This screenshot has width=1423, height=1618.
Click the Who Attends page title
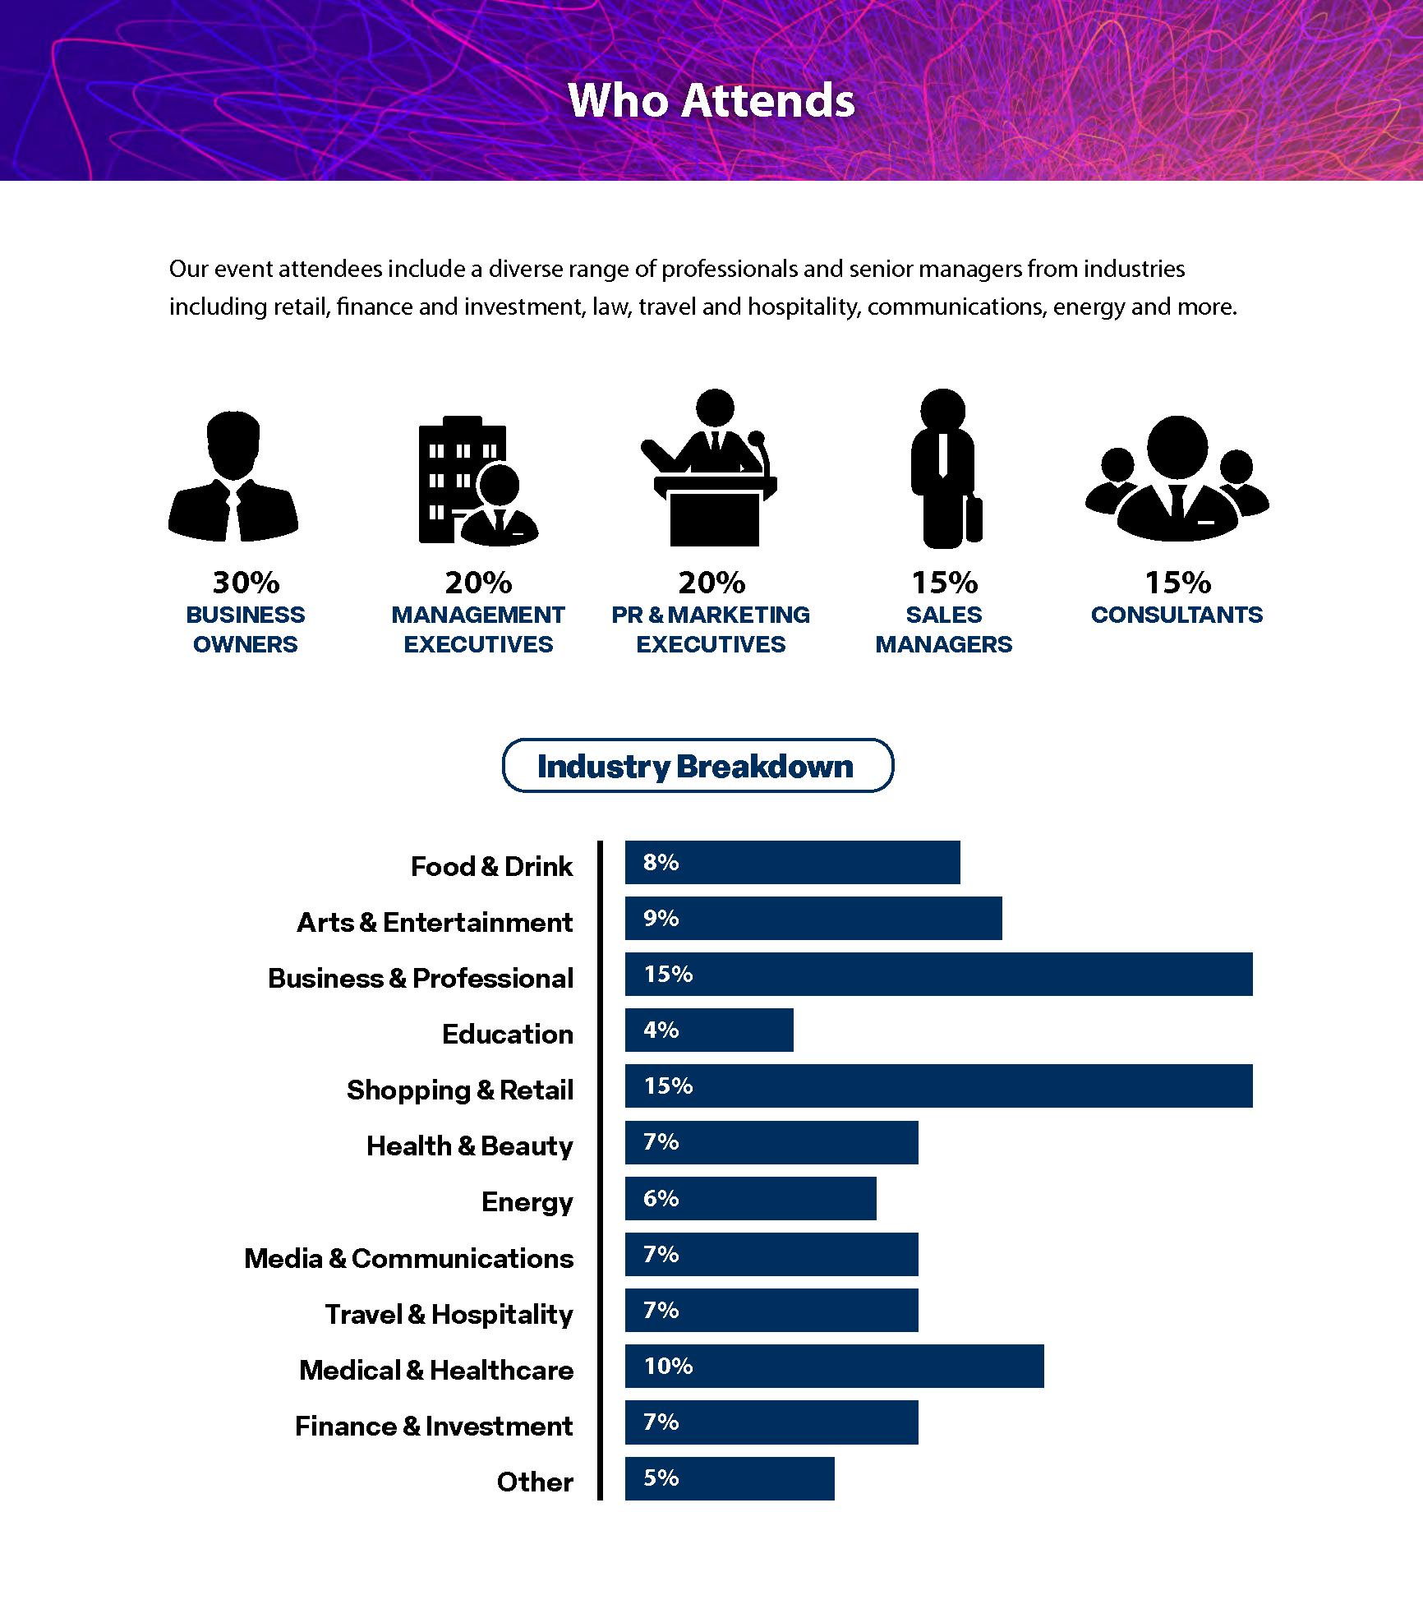point(711,100)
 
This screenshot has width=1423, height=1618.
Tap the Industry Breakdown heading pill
point(697,766)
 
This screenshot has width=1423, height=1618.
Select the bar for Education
point(709,1030)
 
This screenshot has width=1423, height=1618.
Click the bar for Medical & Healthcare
point(834,1366)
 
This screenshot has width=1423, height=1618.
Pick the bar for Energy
point(750,1198)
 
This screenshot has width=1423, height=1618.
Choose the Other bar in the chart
point(730,1478)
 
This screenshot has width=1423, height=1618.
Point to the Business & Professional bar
point(938,974)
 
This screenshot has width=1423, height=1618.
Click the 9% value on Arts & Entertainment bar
point(661,918)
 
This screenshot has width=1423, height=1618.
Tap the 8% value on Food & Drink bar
point(661,862)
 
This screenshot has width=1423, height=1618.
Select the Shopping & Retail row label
point(460,1090)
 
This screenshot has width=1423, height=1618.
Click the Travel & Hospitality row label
point(449,1314)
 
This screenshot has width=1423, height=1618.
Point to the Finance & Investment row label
point(434,1426)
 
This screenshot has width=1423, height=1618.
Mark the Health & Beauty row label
point(470,1146)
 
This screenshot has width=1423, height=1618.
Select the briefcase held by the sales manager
point(974,518)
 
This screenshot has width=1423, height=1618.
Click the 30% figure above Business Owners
point(246,583)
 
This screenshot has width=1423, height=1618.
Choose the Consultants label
point(1177,615)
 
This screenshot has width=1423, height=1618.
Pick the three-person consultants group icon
point(1177,477)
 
